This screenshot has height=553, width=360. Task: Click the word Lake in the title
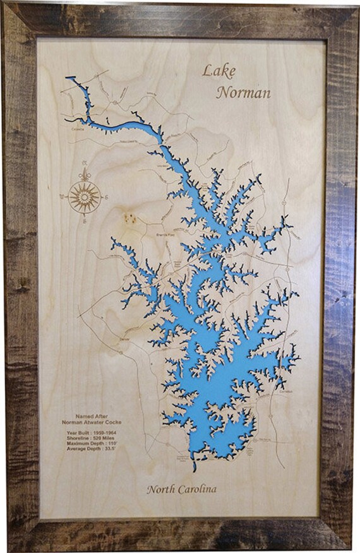point(217,69)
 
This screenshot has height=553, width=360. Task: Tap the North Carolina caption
point(181,489)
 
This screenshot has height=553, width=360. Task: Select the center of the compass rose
point(85,195)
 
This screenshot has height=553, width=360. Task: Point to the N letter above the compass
point(85,172)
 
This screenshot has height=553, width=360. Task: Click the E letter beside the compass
point(108,197)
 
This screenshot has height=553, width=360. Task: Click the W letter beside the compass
point(62,197)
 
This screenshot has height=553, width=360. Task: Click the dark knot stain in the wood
point(130,218)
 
